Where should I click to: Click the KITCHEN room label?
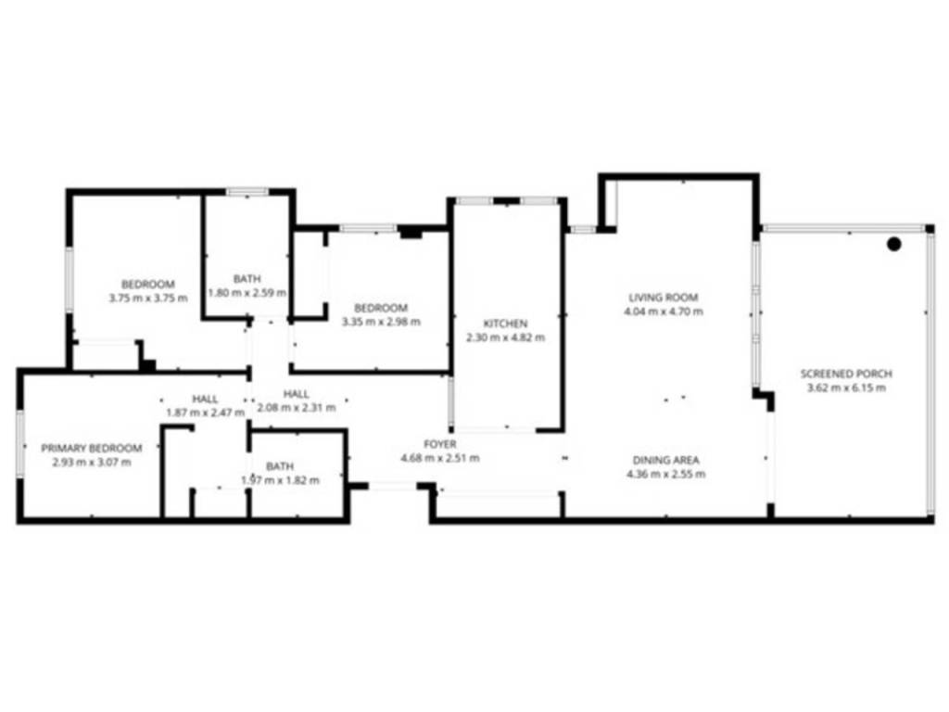click(505, 324)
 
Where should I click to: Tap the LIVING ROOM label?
click(664, 298)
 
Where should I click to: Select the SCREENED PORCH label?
click(846, 374)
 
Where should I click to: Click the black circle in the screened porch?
click(894, 244)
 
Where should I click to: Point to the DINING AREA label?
click(665, 460)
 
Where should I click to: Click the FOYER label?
click(440, 444)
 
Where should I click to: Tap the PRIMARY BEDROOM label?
click(92, 448)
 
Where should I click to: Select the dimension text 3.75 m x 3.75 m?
click(148, 298)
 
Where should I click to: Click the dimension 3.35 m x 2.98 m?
click(381, 322)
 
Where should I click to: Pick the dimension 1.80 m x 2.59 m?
click(247, 293)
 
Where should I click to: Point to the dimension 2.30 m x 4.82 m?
click(505, 337)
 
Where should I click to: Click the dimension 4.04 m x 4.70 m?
click(664, 311)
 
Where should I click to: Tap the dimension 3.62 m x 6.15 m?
click(846, 388)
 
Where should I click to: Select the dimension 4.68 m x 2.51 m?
click(440, 458)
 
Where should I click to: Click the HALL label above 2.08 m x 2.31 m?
click(297, 393)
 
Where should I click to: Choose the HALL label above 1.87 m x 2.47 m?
click(205, 399)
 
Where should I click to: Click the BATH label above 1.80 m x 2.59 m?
click(247, 278)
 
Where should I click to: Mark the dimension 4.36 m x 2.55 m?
click(665, 474)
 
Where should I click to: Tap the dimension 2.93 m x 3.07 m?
click(92, 462)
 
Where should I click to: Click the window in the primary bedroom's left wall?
click(20, 443)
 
